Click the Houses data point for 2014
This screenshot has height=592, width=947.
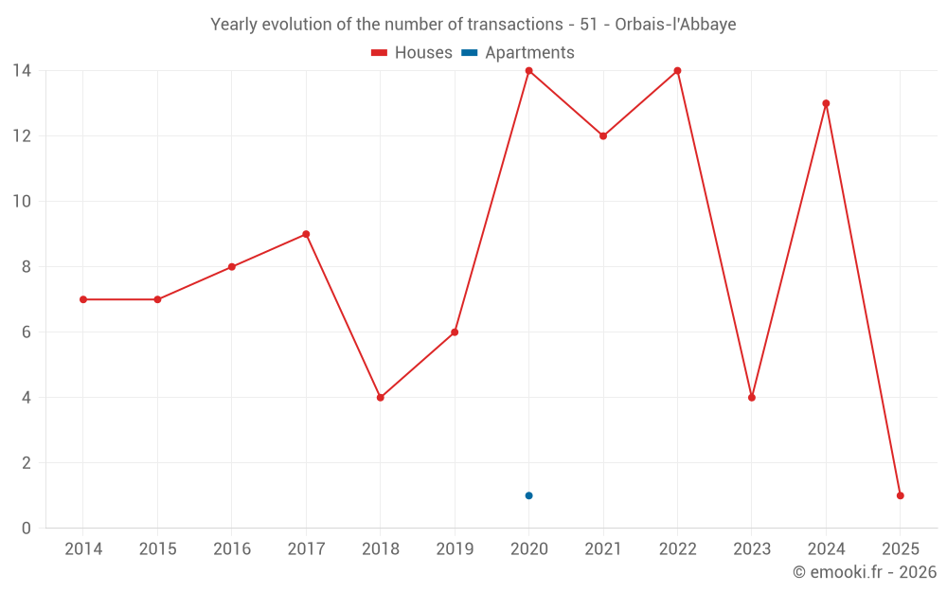pyautogui.click(x=83, y=299)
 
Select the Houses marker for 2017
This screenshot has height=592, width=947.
pyautogui.click(x=306, y=234)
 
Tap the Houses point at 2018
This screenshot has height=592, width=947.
pyautogui.click(x=381, y=398)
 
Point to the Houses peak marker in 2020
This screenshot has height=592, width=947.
pyautogui.click(x=528, y=70)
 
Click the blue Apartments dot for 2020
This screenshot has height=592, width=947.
pyautogui.click(x=528, y=495)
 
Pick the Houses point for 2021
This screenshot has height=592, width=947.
pyautogui.click(x=603, y=135)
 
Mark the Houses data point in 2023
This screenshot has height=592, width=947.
pyautogui.click(x=752, y=398)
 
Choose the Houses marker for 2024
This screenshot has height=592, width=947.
pyautogui.click(x=826, y=103)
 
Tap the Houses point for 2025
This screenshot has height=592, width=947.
pyautogui.click(x=900, y=495)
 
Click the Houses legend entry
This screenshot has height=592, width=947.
pyautogui.click(x=413, y=53)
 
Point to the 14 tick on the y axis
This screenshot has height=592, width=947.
pyautogui.click(x=21, y=70)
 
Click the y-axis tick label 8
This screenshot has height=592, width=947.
pyautogui.click(x=26, y=267)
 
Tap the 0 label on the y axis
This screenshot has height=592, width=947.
pyautogui.click(x=26, y=529)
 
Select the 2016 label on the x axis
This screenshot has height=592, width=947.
pyautogui.click(x=232, y=549)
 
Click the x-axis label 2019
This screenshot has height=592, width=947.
pyautogui.click(x=455, y=549)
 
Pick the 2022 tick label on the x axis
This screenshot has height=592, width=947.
pyautogui.click(x=677, y=549)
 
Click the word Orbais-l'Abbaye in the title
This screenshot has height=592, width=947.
pyautogui.click(x=675, y=25)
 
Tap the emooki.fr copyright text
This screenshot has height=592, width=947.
pyautogui.click(x=865, y=572)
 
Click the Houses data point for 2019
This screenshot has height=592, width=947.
pyautogui.click(x=455, y=332)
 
